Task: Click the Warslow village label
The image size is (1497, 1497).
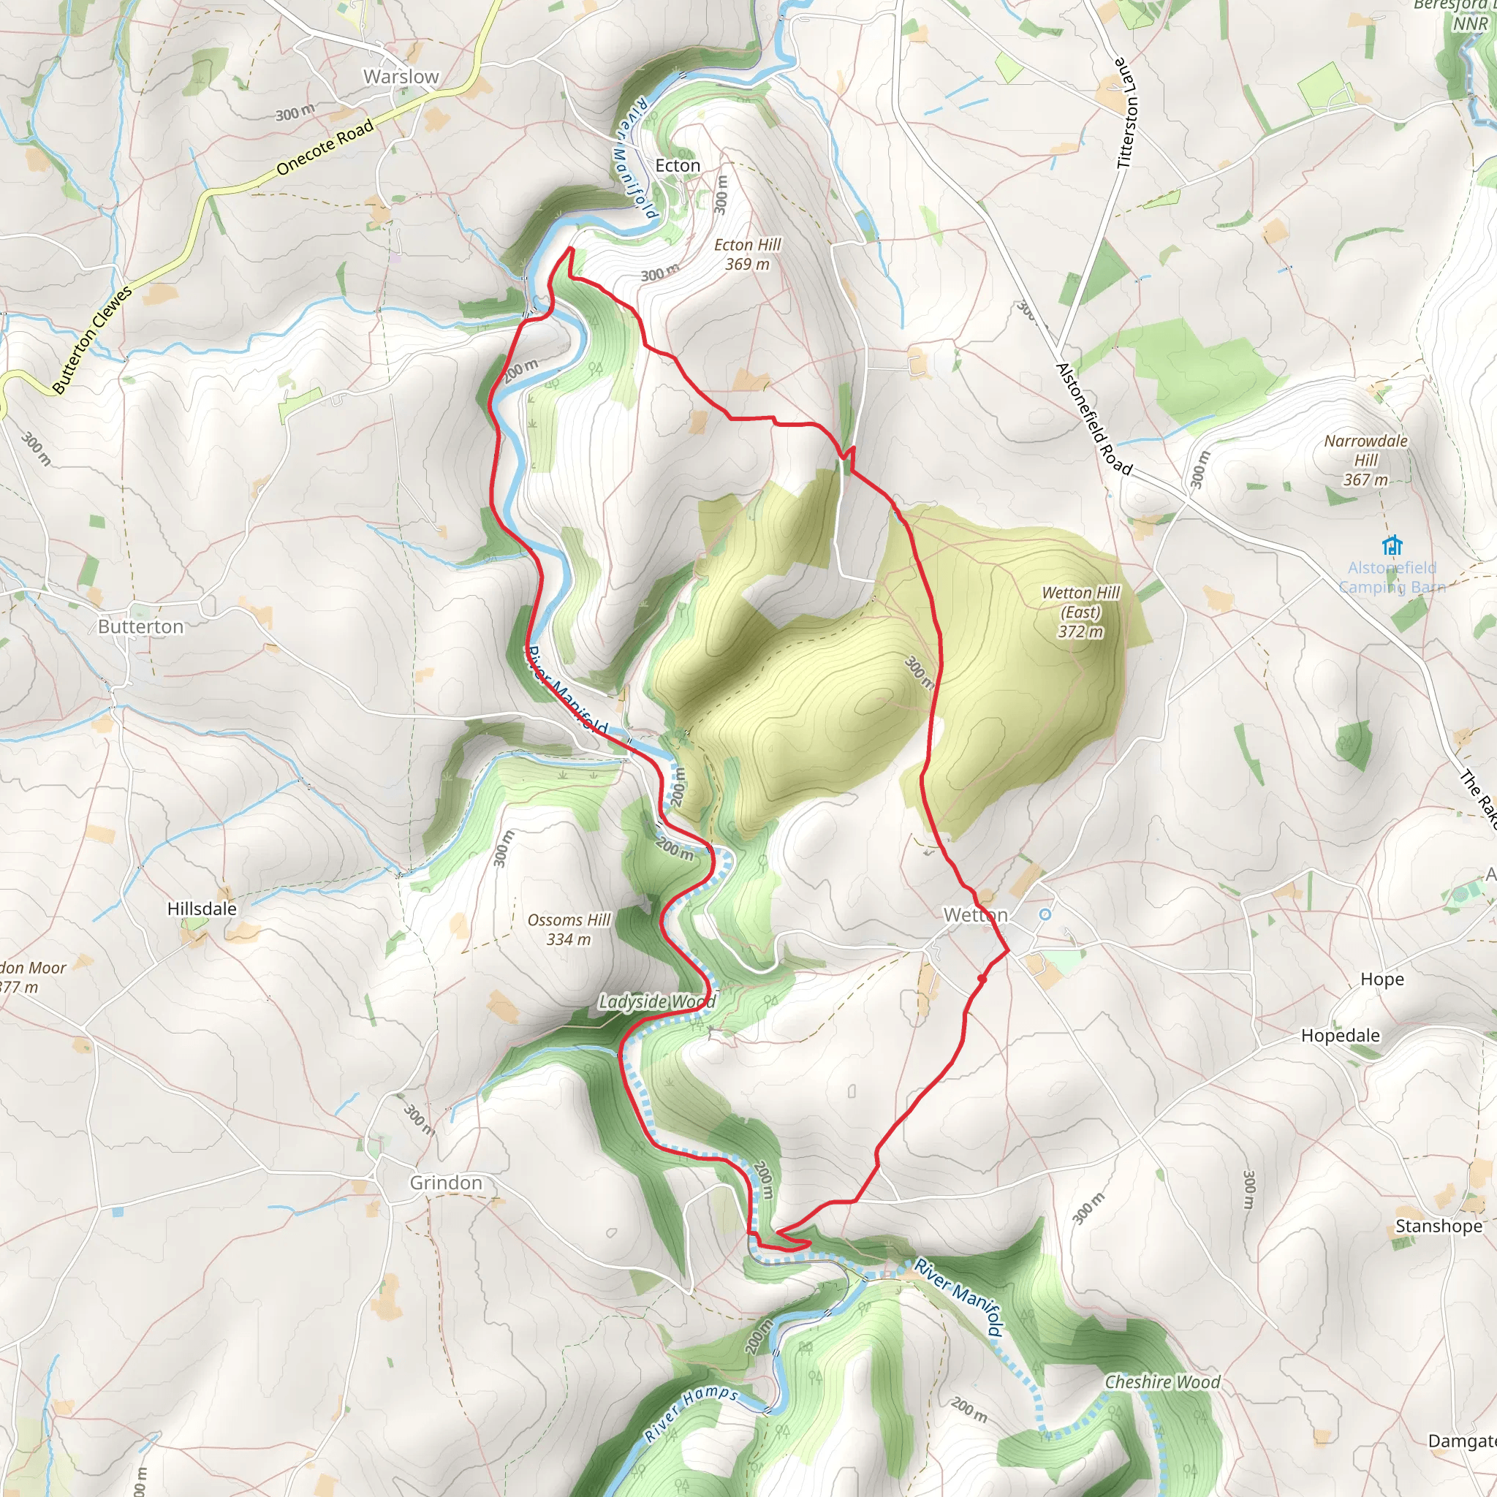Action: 401,77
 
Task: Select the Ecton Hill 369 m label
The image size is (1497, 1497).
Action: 747,254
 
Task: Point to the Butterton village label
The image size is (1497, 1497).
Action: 141,626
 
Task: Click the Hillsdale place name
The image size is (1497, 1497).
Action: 202,908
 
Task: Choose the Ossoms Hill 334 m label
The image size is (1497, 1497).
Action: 569,929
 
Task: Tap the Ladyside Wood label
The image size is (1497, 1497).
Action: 656,1002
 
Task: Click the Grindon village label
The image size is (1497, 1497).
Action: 446,1183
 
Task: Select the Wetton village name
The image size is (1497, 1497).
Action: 975,915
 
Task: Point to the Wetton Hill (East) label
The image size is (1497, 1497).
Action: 1080,611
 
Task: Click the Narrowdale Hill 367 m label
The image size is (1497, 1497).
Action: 1365,460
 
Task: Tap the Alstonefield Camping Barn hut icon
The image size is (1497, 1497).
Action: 1392,544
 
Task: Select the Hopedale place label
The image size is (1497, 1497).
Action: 1340,1035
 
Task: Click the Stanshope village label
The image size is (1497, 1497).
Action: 1438,1226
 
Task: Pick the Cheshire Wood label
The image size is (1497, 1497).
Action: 1162,1382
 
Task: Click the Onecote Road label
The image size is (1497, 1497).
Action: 325,146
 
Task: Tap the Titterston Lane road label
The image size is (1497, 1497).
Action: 1127,113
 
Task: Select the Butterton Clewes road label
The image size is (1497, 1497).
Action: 92,338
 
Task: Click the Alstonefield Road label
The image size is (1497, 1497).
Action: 1094,418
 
